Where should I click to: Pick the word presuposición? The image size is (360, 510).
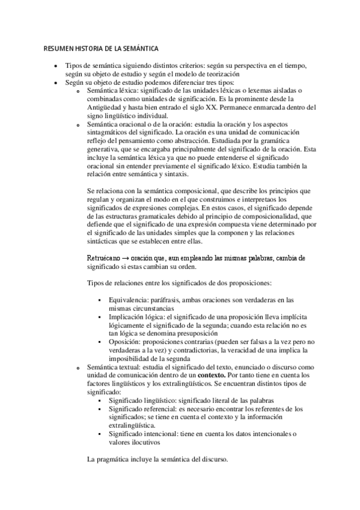pyautogui.click(x=210, y=333)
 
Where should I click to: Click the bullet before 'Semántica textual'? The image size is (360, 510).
pyautogui.click(x=78, y=367)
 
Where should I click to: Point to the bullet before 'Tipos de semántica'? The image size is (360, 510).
pyautogui.click(x=55, y=66)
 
